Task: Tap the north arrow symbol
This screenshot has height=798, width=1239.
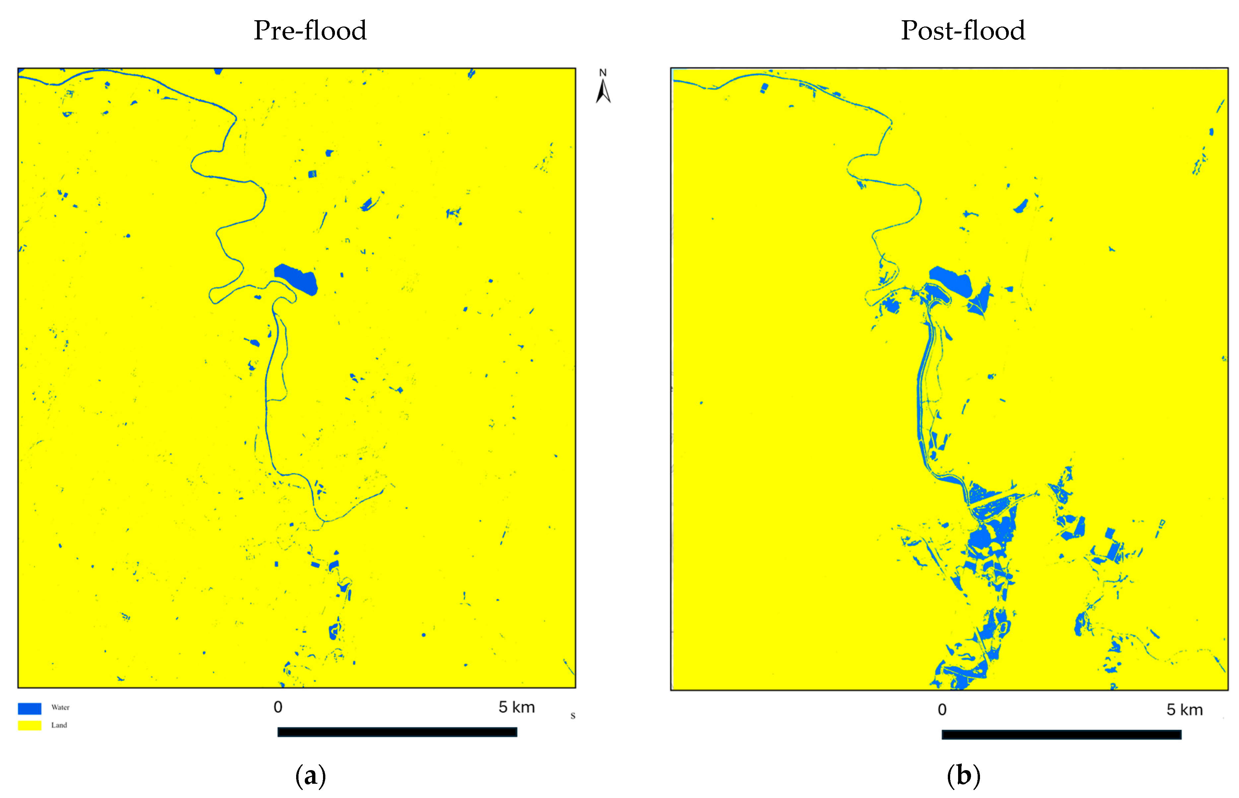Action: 603,92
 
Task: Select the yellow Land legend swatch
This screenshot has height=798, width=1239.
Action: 30,725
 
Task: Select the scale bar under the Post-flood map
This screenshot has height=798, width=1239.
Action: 1061,734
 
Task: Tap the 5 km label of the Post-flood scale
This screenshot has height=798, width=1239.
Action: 1184,710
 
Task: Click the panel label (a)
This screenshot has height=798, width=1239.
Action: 310,776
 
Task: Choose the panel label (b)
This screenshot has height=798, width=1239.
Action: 963,776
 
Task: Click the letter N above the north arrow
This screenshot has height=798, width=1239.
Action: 603,73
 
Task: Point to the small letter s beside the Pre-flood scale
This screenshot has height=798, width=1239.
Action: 573,716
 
